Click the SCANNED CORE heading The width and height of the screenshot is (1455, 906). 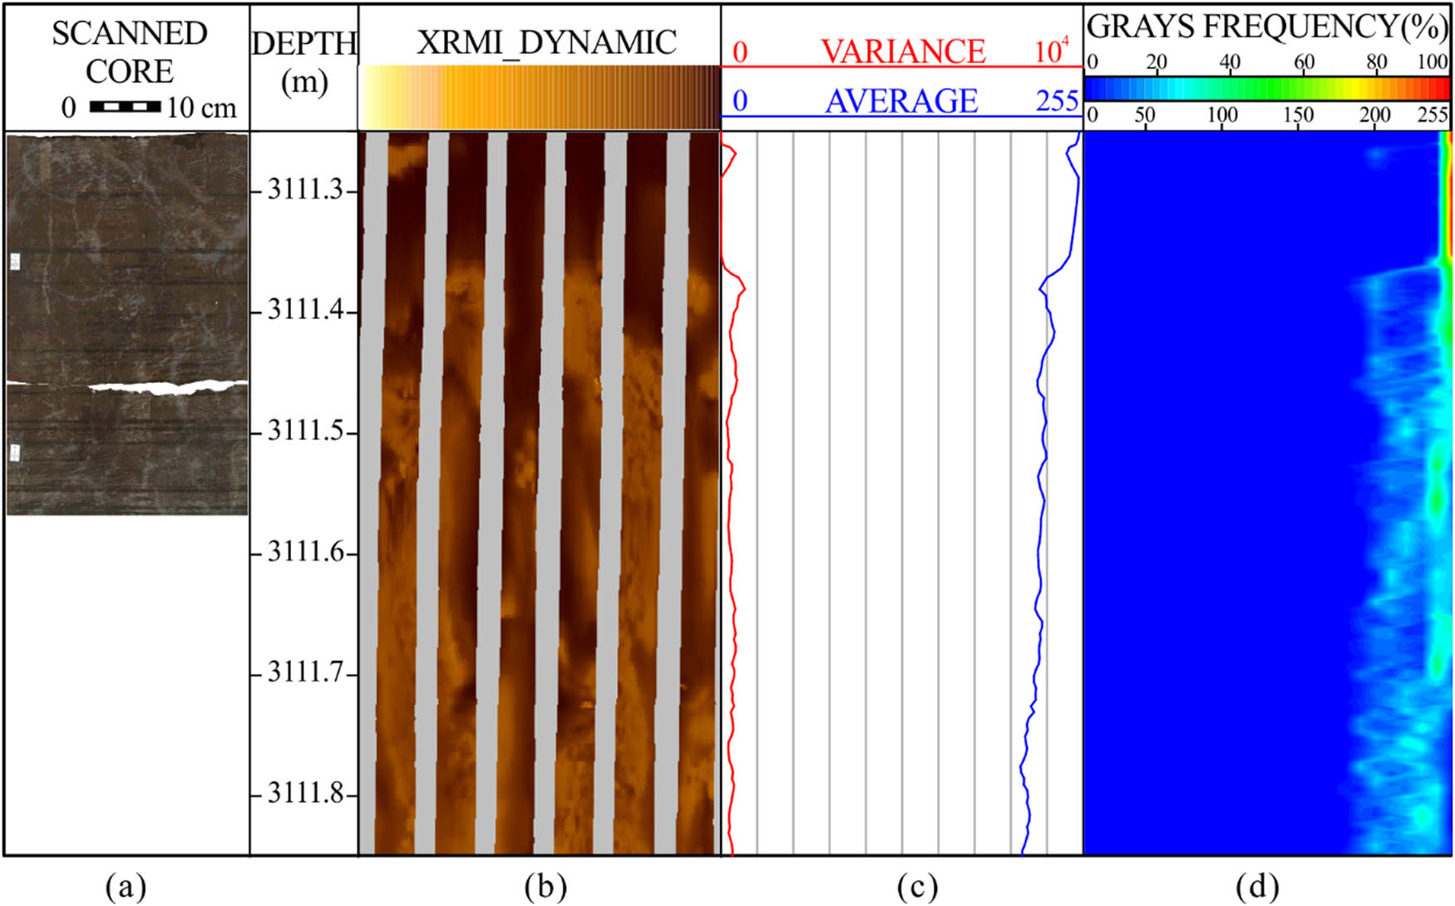(x=129, y=52)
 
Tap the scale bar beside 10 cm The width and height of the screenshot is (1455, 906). (x=125, y=106)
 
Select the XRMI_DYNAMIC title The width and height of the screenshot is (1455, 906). (x=546, y=42)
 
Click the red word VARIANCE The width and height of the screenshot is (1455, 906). (x=903, y=52)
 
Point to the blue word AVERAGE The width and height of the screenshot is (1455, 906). (x=901, y=101)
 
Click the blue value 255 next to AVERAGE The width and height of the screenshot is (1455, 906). (x=1057, y=101)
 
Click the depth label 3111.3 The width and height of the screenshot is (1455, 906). (x=305, y=191)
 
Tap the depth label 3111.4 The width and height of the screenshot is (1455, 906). (x=305, y=312)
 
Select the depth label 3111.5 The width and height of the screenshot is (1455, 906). (x=305, y=432)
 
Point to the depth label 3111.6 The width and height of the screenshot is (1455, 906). (x=305, y=553)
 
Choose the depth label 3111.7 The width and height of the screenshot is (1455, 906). (x=305, y=673)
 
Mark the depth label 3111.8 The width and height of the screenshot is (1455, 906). (x=305, y=794)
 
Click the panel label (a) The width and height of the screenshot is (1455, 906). (x=126, y=887)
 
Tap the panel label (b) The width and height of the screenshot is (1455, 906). (x=545, y=887)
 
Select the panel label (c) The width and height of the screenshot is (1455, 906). (x=917, y=887)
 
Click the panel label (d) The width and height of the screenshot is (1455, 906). (x=1257, y=887)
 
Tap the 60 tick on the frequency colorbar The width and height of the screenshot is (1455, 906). (x=1304, y=62)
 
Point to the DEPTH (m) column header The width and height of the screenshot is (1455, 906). (x=304, y=62)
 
